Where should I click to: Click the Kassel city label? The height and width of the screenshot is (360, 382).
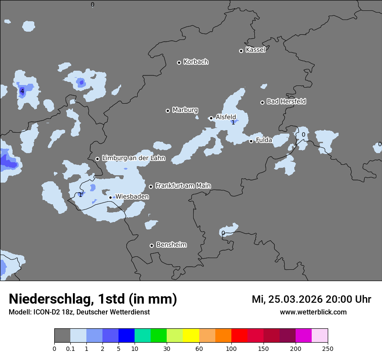tap(255, 50)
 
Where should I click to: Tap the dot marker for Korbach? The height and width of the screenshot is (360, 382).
tap(179, 62)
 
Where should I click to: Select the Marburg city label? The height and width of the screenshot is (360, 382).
tap(185, 110)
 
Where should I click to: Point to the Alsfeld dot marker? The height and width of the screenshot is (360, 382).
tap(211, 118)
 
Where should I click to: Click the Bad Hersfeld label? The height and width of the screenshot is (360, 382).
tap(286, 101)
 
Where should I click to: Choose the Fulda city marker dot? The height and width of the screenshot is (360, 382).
tap(251, 141)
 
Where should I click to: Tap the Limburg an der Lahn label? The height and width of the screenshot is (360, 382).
tap(133, 158)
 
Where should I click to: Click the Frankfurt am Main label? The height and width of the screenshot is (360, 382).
tap(183, 186)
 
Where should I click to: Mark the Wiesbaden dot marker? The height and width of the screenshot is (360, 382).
tap(110, 197)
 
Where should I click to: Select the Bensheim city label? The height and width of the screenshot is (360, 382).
tap(171, 245)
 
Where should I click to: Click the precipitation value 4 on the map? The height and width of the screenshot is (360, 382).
tap(22, 91)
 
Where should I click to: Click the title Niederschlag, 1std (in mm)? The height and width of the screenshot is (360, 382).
tap(93, 299)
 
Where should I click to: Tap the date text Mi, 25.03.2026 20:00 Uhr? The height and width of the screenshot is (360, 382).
tap(311, 299)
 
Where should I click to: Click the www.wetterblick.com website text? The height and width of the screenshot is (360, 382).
tap(313, 312)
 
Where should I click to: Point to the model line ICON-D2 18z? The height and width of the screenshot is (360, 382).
tap(79, 312)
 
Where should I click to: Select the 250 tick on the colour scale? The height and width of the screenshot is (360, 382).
tap(328, 348)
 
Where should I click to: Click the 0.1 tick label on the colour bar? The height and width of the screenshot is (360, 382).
tap(70, 348)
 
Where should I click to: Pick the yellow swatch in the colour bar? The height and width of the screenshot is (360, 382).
tap(191, 336)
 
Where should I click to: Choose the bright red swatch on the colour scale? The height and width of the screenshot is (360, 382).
tap(239, 336)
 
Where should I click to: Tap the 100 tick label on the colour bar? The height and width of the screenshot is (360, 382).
tap(231, 348)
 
